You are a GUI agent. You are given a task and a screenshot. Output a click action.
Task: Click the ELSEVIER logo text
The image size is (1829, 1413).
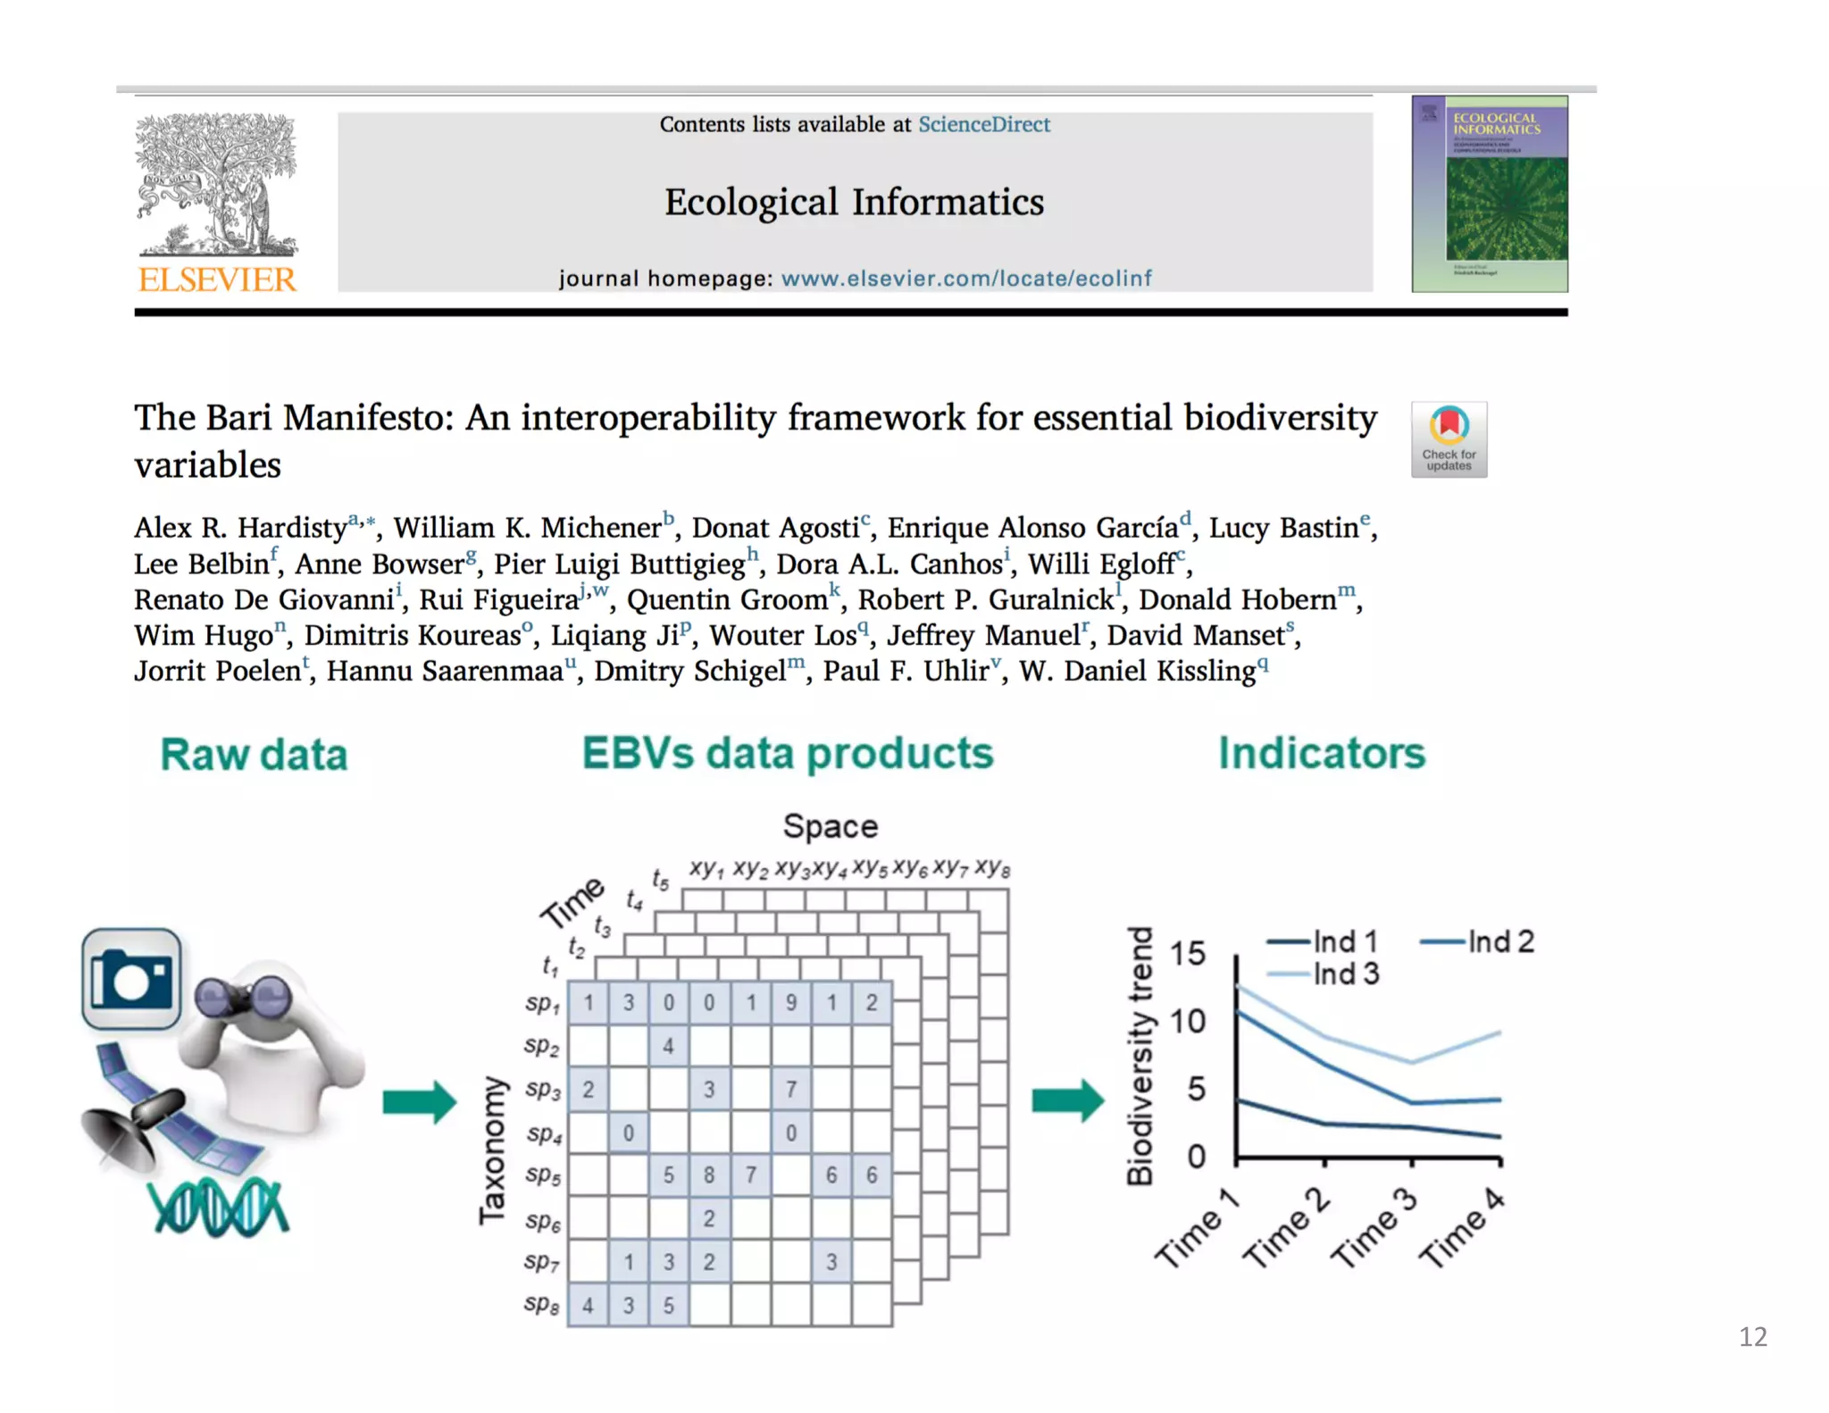coord(216,280)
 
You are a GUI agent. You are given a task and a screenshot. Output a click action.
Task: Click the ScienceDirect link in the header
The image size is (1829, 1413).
coord(983,124)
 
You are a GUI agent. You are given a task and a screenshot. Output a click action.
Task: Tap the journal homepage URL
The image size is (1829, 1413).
coord(965,278)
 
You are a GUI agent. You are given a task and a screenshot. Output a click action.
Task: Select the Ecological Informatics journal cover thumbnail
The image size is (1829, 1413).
coord(1489,194)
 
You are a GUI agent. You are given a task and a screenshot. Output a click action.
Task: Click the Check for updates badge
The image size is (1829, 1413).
coord(1448,439)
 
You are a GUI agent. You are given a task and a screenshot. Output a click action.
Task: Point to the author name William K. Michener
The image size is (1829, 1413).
coord(527,528)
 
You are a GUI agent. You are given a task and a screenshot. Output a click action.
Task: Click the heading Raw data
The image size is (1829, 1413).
coord(254,755)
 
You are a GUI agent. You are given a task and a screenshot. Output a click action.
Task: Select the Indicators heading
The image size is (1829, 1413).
coord(1321,753)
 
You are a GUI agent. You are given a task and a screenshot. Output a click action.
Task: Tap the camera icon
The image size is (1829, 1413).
coord(131,979)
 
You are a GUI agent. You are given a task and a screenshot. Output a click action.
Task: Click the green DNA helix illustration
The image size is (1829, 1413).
coord(219,1207)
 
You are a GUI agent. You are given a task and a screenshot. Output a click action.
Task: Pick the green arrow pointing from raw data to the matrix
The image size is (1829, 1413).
coord(419,1101)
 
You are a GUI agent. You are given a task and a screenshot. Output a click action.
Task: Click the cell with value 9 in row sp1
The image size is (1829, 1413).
coord(790,1002)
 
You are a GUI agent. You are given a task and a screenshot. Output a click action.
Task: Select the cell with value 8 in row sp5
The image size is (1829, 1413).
coord(708,1175)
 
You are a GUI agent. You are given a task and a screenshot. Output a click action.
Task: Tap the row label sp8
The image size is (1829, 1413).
coord(541,1305)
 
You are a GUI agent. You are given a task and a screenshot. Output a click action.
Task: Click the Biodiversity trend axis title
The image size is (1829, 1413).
coord(1140,1056)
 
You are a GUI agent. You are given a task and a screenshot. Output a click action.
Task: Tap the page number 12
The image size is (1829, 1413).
coord(1752,1336)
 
